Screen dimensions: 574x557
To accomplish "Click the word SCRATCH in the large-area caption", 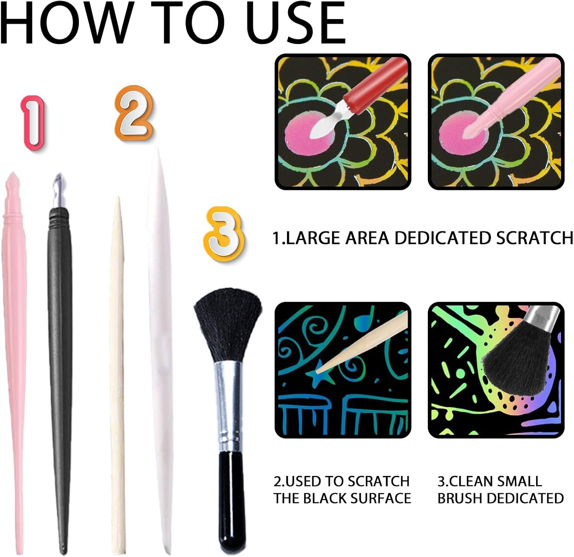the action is (535, 238).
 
